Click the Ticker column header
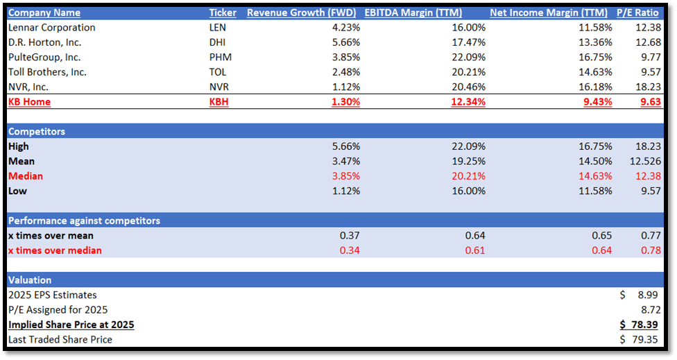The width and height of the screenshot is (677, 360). [x=223, y=12]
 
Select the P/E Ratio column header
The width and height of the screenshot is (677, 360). [x=637, y=12]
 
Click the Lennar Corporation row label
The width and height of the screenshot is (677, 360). [x=51, y=28]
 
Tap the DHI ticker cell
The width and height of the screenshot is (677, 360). [x=218, y=42]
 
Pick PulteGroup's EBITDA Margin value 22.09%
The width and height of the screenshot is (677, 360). [x=468, y=57]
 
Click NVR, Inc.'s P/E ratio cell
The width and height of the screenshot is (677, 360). [x=647, y=87]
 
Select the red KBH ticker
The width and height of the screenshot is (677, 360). [x=219, y=101]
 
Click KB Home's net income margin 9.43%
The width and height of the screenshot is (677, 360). [x=594, y=101]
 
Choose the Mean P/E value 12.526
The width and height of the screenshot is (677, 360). [x=643, y=161]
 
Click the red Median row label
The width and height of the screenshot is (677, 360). [x=26, y=176]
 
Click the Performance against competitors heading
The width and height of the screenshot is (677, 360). [x=84, y=221]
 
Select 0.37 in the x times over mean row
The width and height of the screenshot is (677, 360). [x=350, y=236]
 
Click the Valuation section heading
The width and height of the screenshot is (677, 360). [x=30, y=280]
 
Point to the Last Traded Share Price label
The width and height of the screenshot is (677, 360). [x=60, y=339]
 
